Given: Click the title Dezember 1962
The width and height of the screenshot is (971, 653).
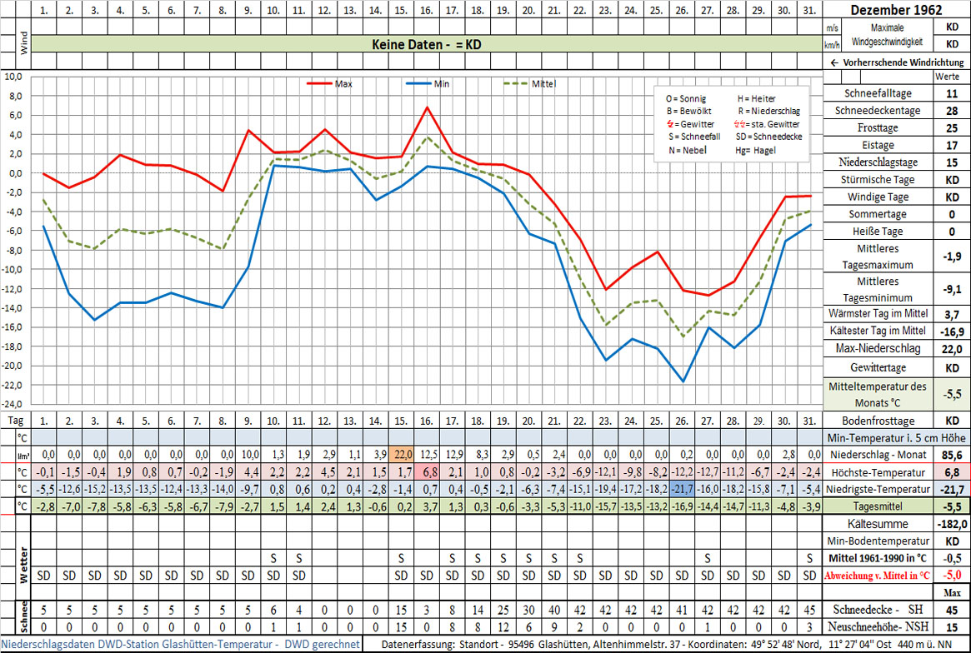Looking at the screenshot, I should click(896, 11).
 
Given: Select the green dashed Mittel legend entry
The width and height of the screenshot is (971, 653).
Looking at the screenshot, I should click(529, 84).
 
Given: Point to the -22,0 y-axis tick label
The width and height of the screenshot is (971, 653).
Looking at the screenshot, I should click(14, 385).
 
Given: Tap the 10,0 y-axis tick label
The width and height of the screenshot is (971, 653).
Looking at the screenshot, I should click(14, 77).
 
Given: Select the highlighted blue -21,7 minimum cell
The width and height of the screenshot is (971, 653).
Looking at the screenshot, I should click(681, 489).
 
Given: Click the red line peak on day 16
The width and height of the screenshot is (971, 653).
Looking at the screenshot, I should click(427, 107).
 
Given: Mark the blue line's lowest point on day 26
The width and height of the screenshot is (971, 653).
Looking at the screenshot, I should click(683, 381).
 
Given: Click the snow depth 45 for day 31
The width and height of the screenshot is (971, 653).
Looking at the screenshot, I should click(808, 610).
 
